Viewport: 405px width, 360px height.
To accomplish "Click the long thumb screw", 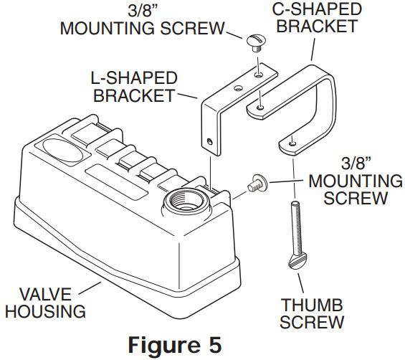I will tap(295, 233).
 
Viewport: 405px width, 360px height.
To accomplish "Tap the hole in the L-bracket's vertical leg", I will tap(207, 141).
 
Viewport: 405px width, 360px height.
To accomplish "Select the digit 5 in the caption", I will tap(214, 344).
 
